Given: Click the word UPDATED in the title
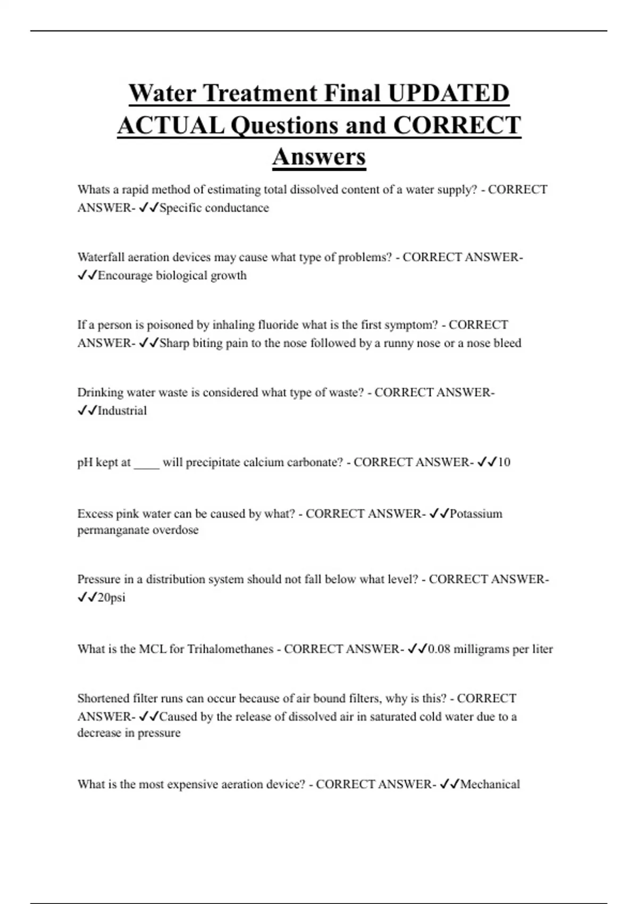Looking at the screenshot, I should [x=448, y=94].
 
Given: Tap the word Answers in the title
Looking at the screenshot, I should [x=319, y=157].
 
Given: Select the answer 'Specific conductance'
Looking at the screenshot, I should [x=214, y=208].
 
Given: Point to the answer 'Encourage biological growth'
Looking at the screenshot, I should [x=172, y=275].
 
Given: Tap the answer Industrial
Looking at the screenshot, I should [x=122, y=411].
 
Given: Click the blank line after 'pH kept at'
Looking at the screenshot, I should [x=146, y=463].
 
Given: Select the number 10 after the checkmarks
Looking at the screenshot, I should [x=503, y=462].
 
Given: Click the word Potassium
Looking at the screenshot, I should [x=476, y=514].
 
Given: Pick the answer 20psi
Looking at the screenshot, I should [x=112, y=598].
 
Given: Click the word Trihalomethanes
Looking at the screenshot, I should [x=230, y=649].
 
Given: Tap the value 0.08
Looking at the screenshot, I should [x=439, y=649].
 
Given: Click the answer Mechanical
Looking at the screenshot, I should [x=490, y=784].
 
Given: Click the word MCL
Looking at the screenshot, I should [x=153, y=649].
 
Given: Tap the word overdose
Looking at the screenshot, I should [x=175, y=530].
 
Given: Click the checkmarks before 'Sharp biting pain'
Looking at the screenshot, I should [x=148, y=344].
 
